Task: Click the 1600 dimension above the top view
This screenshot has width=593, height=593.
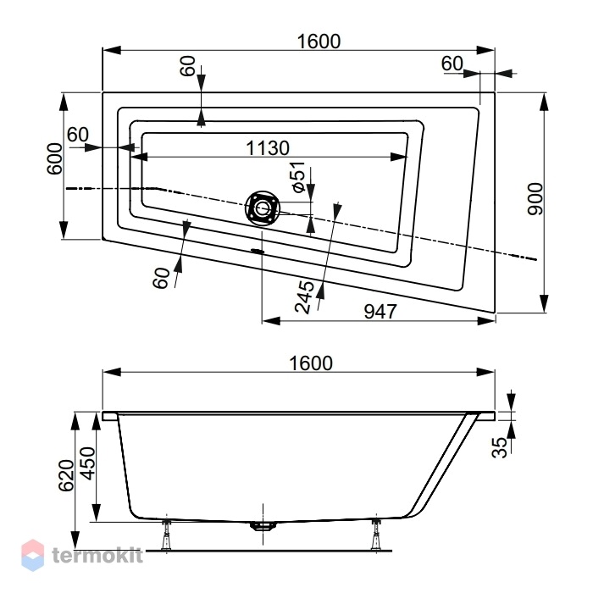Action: coord(319,42)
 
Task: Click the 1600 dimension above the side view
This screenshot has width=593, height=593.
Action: coord(311,363)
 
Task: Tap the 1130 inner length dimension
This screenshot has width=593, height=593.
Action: coord(268,148)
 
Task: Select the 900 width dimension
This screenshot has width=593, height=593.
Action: coord(535,199)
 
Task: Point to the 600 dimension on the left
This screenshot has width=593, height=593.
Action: coord(54,159)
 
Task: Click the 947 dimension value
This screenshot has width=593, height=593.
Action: coord(380,312)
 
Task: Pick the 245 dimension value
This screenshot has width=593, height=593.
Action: coord(304,297)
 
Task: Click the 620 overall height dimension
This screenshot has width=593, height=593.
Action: coord(66,475)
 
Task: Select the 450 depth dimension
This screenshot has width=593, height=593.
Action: coord(88,463)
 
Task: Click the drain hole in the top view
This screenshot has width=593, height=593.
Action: coord(263,208)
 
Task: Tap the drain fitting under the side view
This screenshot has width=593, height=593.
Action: coord(263,526)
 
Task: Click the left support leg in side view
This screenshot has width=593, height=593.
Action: coord(166,535)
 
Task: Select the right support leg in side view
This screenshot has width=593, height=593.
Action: coord(376,535)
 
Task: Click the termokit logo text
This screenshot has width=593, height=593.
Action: coord(97,556)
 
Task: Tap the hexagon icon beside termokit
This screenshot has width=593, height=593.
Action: coord(32,555)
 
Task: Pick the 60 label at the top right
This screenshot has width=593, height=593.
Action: coord(452,64)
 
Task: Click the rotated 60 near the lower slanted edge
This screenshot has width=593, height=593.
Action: coord(162,278)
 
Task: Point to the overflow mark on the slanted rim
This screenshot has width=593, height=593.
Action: coord(258,251)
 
